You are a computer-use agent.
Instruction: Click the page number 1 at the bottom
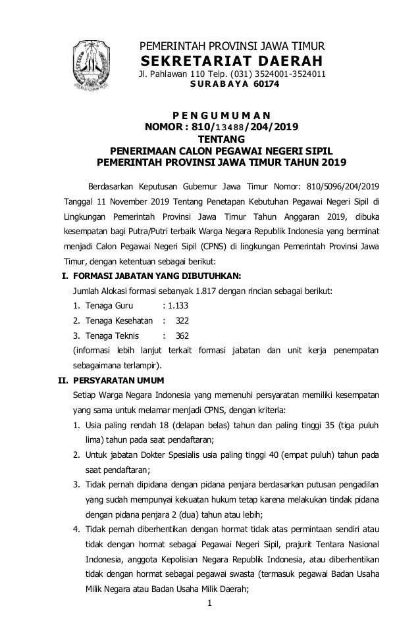[x=209, y=622]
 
